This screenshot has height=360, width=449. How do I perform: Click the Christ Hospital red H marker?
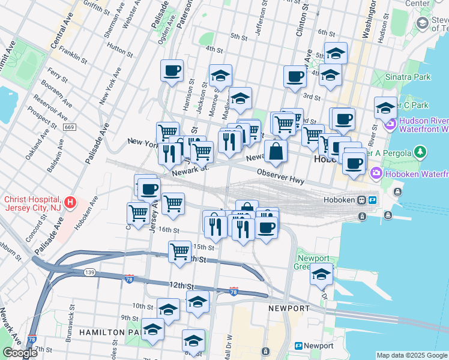point(71,202)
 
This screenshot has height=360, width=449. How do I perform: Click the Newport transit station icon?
point(298,346)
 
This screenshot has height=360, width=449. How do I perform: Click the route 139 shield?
point(89,272)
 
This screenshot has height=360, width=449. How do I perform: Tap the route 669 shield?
point(70,127)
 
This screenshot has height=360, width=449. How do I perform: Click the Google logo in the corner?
point(20,353)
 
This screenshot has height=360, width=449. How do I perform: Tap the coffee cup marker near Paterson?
point(172,71)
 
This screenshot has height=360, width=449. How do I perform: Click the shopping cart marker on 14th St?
point(179,252)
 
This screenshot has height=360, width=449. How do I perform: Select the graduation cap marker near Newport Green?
point(321,275)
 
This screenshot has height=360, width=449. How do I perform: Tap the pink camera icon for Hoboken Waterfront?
point(376,173)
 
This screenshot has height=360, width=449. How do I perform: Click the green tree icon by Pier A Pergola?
point(422,151)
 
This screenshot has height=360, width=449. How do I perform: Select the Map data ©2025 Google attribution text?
point(412,355)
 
